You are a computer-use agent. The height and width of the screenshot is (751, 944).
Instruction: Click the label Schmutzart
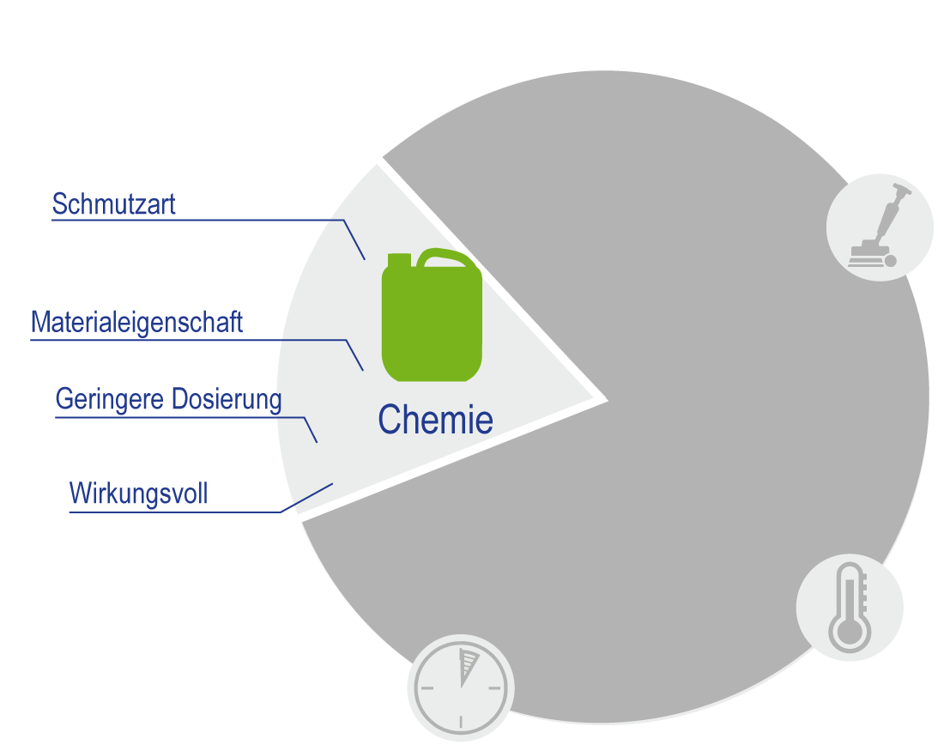tap(113, 204)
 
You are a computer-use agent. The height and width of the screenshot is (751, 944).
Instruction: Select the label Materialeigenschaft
tap(136, 323)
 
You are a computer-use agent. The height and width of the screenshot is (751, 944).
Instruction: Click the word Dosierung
tap(227, 399)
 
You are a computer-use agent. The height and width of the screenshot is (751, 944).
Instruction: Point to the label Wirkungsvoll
tap(138, 494)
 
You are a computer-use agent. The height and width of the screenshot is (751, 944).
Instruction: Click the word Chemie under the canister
tap(435, 420)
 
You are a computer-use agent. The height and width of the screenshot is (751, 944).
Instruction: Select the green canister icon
tap(432, 322)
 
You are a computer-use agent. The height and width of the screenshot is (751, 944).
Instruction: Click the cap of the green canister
tap(400, 258)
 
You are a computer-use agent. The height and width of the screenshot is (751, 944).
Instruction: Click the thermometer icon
tap(850, 607)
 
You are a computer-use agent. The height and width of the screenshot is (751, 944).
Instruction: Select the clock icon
tap(461, 687)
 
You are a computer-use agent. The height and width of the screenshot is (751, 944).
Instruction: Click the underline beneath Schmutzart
tap(197, 221)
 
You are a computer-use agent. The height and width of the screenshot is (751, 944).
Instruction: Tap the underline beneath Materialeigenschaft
tap(189, 340)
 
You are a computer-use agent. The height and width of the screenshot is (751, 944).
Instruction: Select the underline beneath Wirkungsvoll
tap(172, 512)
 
